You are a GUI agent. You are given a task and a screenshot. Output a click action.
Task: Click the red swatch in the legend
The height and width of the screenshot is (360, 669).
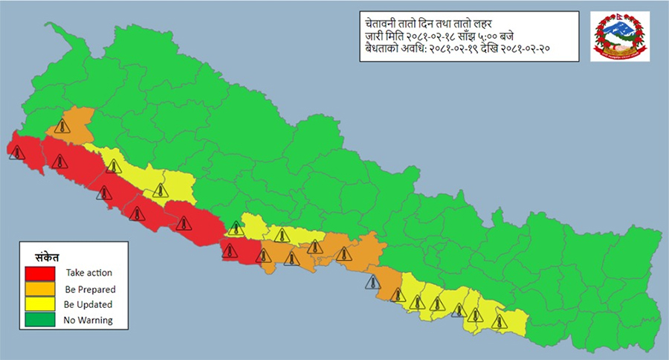pos(42,273)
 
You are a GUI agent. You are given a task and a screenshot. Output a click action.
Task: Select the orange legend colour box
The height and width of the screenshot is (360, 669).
pos(42,289)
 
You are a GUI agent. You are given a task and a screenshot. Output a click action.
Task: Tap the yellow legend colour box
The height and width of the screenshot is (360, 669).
pos(42,304)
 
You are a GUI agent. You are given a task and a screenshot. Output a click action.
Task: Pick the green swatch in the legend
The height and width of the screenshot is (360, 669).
pos(42,320)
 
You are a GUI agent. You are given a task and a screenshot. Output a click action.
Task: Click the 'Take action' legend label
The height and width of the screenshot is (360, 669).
pos(88,273)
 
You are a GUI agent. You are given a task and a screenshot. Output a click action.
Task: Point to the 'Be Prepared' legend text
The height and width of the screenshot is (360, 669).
pos(90,289)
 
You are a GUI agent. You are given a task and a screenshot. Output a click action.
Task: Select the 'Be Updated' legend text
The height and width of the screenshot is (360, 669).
pos(88,304)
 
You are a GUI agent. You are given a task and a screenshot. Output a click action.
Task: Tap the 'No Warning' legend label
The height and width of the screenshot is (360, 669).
pos(88,321)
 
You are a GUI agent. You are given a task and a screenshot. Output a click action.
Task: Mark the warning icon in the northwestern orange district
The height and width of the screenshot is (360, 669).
pos(62,126)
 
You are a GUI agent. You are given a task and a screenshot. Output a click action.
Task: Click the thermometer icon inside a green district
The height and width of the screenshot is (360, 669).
pos(236,228)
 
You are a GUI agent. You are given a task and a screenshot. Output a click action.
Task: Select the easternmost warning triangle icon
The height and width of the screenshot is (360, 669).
pos(498,321)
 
